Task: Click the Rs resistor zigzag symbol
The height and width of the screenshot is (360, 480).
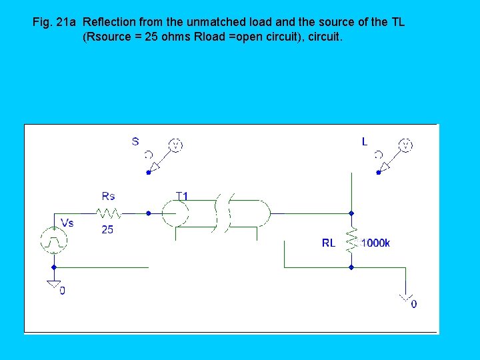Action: (x=109, y=213)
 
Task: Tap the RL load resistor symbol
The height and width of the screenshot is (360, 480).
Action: (x=351, y=240)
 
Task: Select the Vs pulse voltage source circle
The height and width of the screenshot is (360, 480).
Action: (x=53, y=240)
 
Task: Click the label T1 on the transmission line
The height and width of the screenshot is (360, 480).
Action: (x=181, y=196)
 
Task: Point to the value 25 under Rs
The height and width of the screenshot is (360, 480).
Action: (x=108, y=230)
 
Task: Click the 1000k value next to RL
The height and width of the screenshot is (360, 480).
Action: (x=375, y=243)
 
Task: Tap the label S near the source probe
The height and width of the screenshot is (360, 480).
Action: (x=135, y=141)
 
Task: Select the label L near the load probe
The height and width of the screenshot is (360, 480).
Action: (x=365, y=141)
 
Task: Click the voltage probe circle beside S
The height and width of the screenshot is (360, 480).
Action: (x=175, y=145)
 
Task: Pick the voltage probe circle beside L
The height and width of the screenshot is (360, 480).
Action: (x=405, y=145)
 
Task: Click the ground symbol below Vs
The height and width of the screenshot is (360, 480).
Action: (x=53, y=284)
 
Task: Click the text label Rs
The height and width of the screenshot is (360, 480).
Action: (x=108, y=196)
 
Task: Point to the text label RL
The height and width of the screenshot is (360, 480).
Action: (x=329, y=243)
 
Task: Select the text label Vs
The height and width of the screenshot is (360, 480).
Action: (x=67, y=223)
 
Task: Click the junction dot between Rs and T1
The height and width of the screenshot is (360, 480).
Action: (x=148, y=213)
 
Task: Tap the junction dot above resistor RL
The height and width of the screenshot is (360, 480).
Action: (x=351, y=213)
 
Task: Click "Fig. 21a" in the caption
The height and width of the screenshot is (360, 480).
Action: (x=54, y=22)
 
